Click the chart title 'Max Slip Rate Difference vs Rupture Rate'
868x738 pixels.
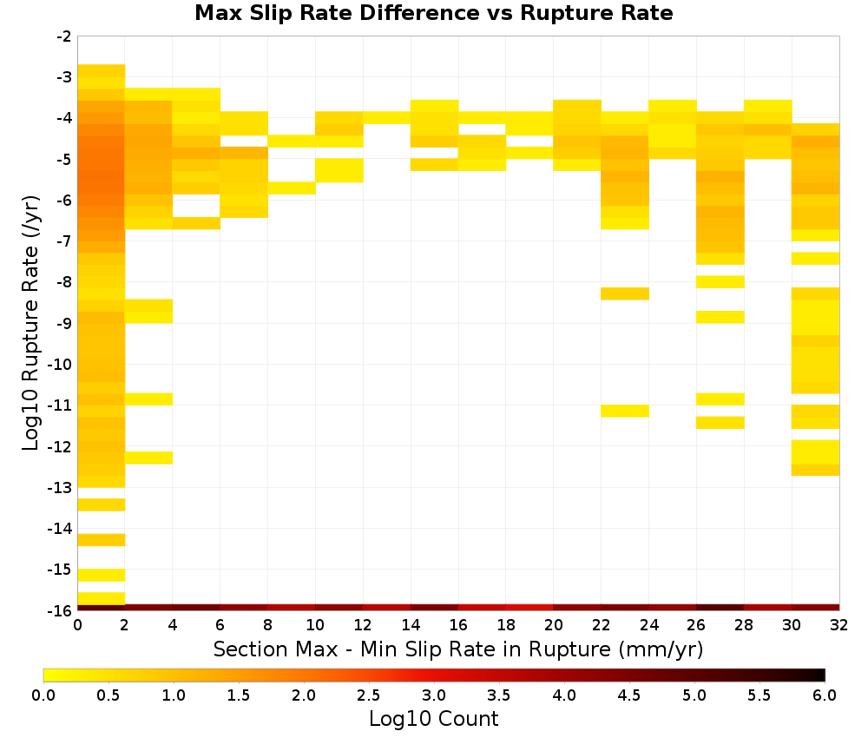click(433, 13)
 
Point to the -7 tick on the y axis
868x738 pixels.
click(64, 241)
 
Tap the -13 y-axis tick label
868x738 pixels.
click(61, 488)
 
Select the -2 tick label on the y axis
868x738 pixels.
click(64, 37)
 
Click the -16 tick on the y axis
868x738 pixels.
click(61, 610)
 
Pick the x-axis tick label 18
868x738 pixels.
click(505, 625)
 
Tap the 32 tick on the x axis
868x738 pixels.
click(839, 625)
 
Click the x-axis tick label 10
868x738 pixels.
click(315, 625)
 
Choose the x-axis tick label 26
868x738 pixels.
click(696, 625)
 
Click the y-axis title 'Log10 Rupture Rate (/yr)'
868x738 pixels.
click(31, 323)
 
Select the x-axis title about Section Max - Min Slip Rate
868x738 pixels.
click(458, 649)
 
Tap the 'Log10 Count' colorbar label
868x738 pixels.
click(433, 719)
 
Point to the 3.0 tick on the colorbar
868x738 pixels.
click(434, 695)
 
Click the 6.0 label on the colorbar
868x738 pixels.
click(825, 695)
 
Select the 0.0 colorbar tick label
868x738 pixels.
click(43, 695)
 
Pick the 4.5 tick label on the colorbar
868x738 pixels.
click(629, 695)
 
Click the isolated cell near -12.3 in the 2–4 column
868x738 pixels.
click(149, 458)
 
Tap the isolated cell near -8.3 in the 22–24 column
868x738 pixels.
click(625, 293)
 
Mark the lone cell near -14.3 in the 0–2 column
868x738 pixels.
click(102, 540)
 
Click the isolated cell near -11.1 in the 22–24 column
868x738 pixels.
click(625, 411)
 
